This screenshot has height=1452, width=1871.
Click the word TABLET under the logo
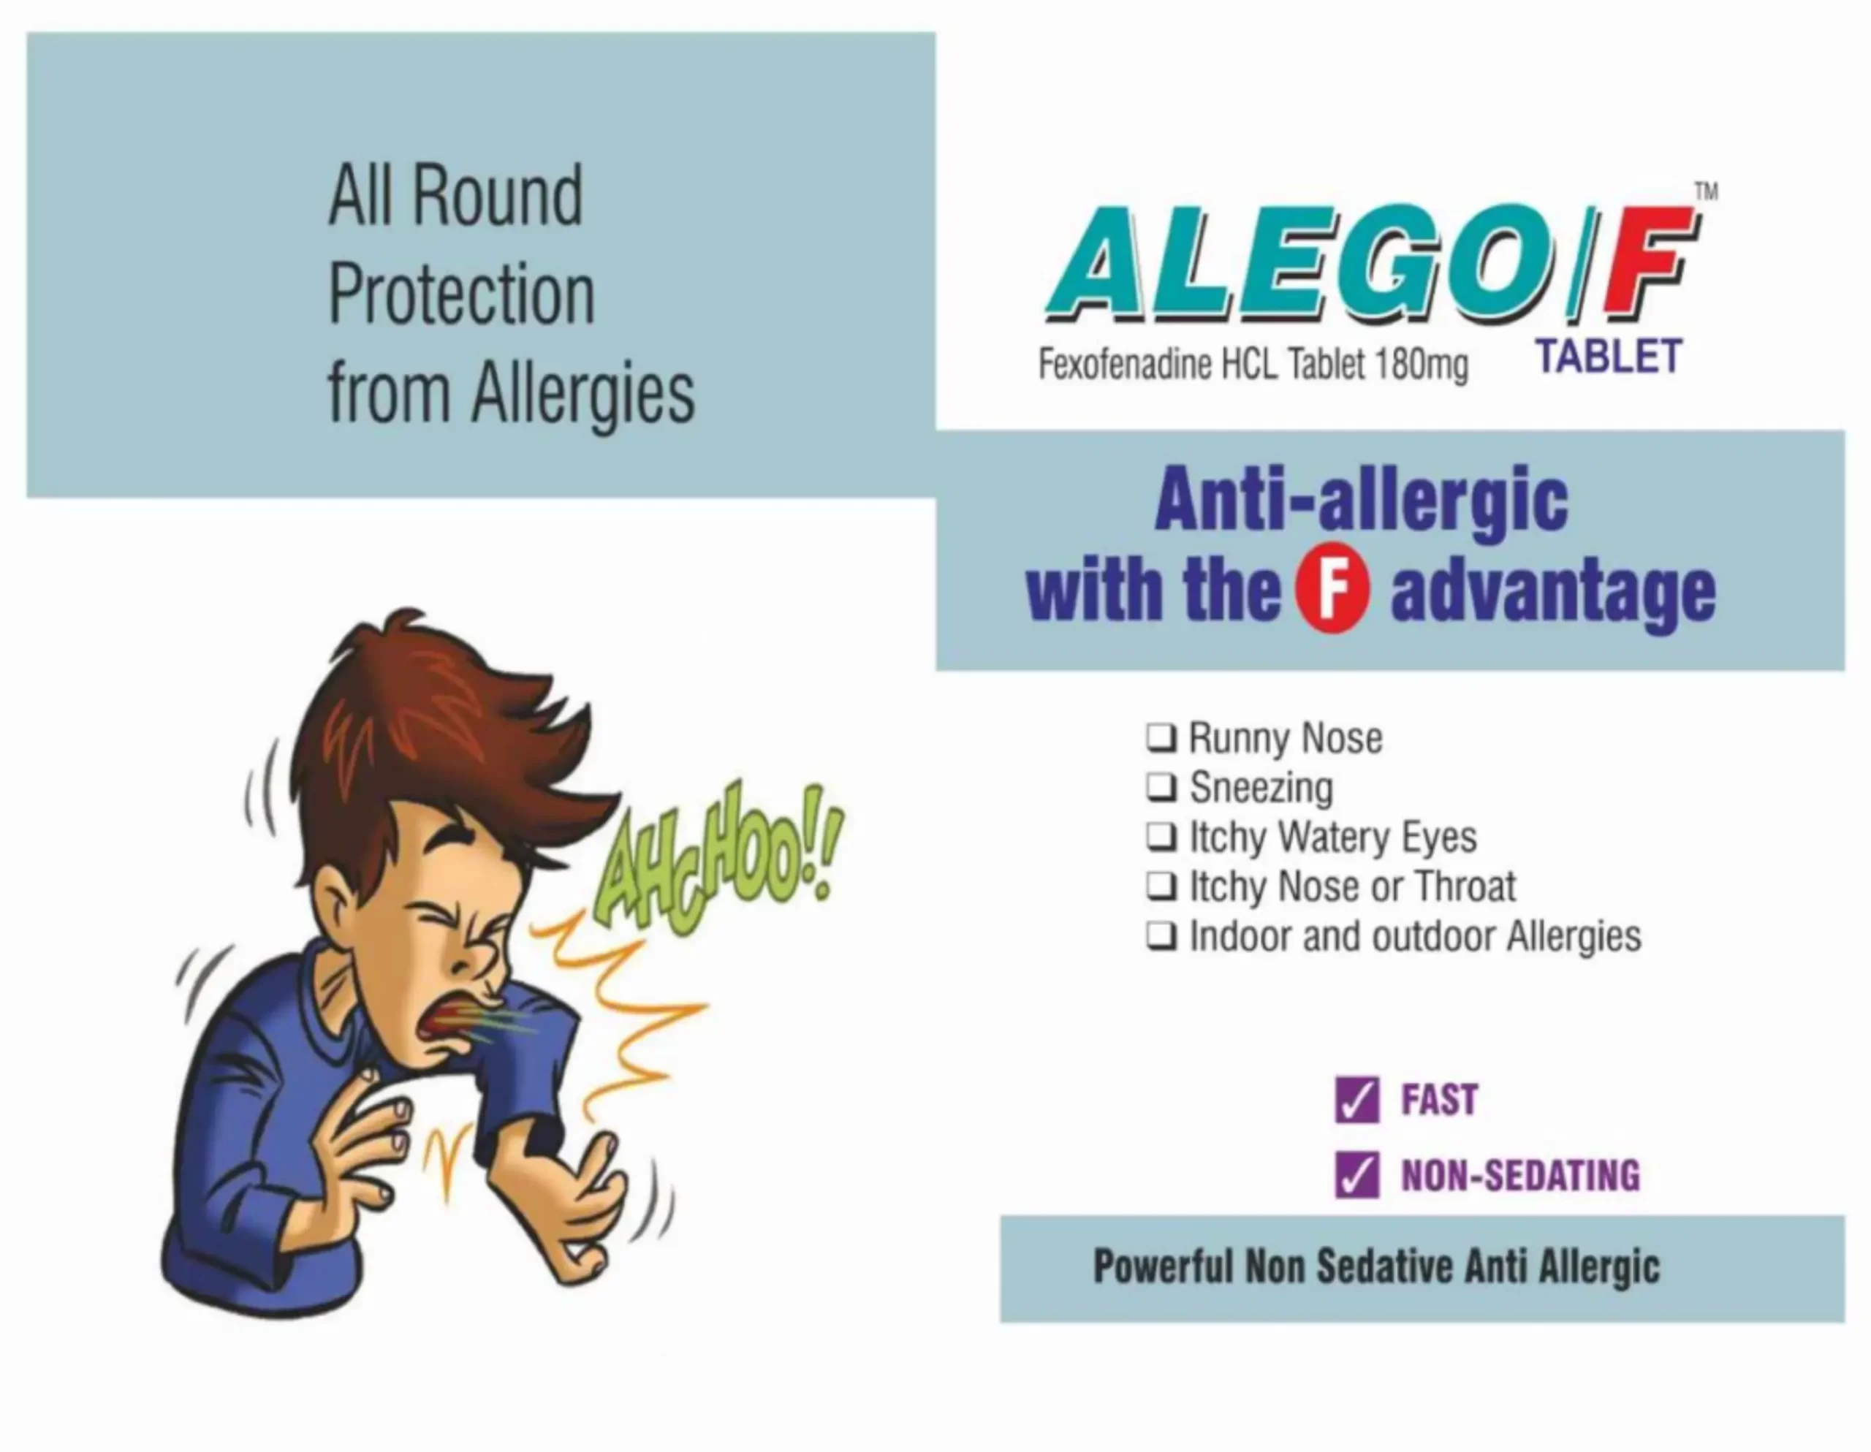[1609, 357]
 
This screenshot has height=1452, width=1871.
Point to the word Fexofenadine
[1125, 364]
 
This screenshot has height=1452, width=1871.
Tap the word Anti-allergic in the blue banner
[1362, 502]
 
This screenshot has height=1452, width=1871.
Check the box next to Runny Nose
[1161, 738]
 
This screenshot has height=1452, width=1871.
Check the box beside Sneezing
[1161, 788]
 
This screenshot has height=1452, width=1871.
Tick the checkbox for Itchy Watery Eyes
[1161, 837]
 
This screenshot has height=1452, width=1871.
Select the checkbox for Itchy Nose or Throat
[1161, 887]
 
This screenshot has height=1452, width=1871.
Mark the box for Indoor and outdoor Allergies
[1161, 937]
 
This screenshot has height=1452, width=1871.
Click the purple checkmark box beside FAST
[1357, 1100]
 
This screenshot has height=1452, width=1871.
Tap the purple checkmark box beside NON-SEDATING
[1357, 1174]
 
